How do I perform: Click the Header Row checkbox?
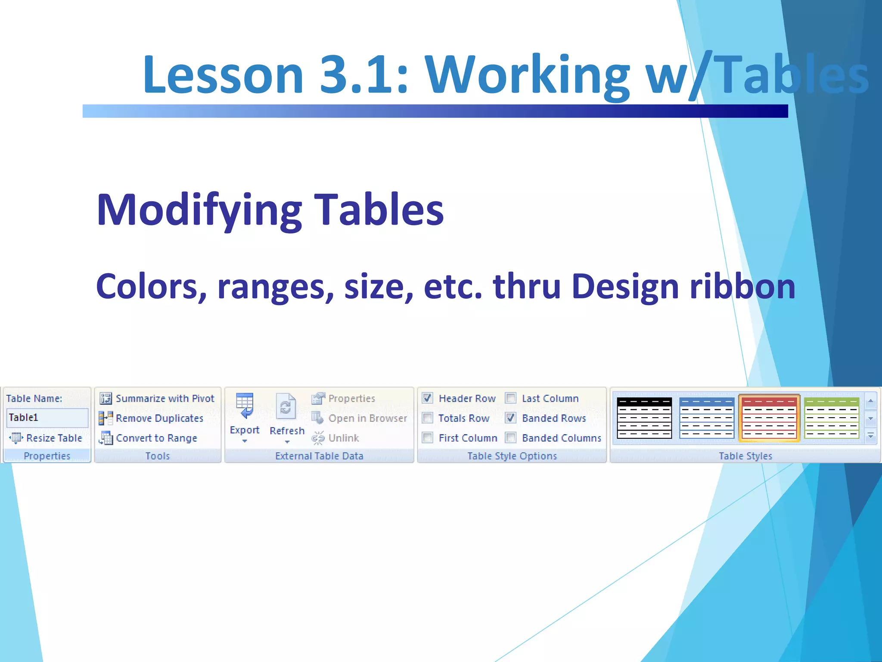[427, 398]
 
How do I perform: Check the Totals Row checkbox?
[427, 418]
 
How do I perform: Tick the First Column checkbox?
[427, 437]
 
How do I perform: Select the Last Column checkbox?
[511, 398]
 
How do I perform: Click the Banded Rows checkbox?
[511, 418]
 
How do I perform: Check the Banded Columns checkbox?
[511, 437]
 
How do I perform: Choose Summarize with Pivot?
[164, 398]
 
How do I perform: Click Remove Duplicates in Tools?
[159, 418]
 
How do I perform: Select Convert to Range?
[156, 438]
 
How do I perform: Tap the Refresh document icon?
[286, 407]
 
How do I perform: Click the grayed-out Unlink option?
[343, 438]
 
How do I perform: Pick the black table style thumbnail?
[644, 418]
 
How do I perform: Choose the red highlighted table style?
[769, 418]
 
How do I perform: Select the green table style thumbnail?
[831, 418]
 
